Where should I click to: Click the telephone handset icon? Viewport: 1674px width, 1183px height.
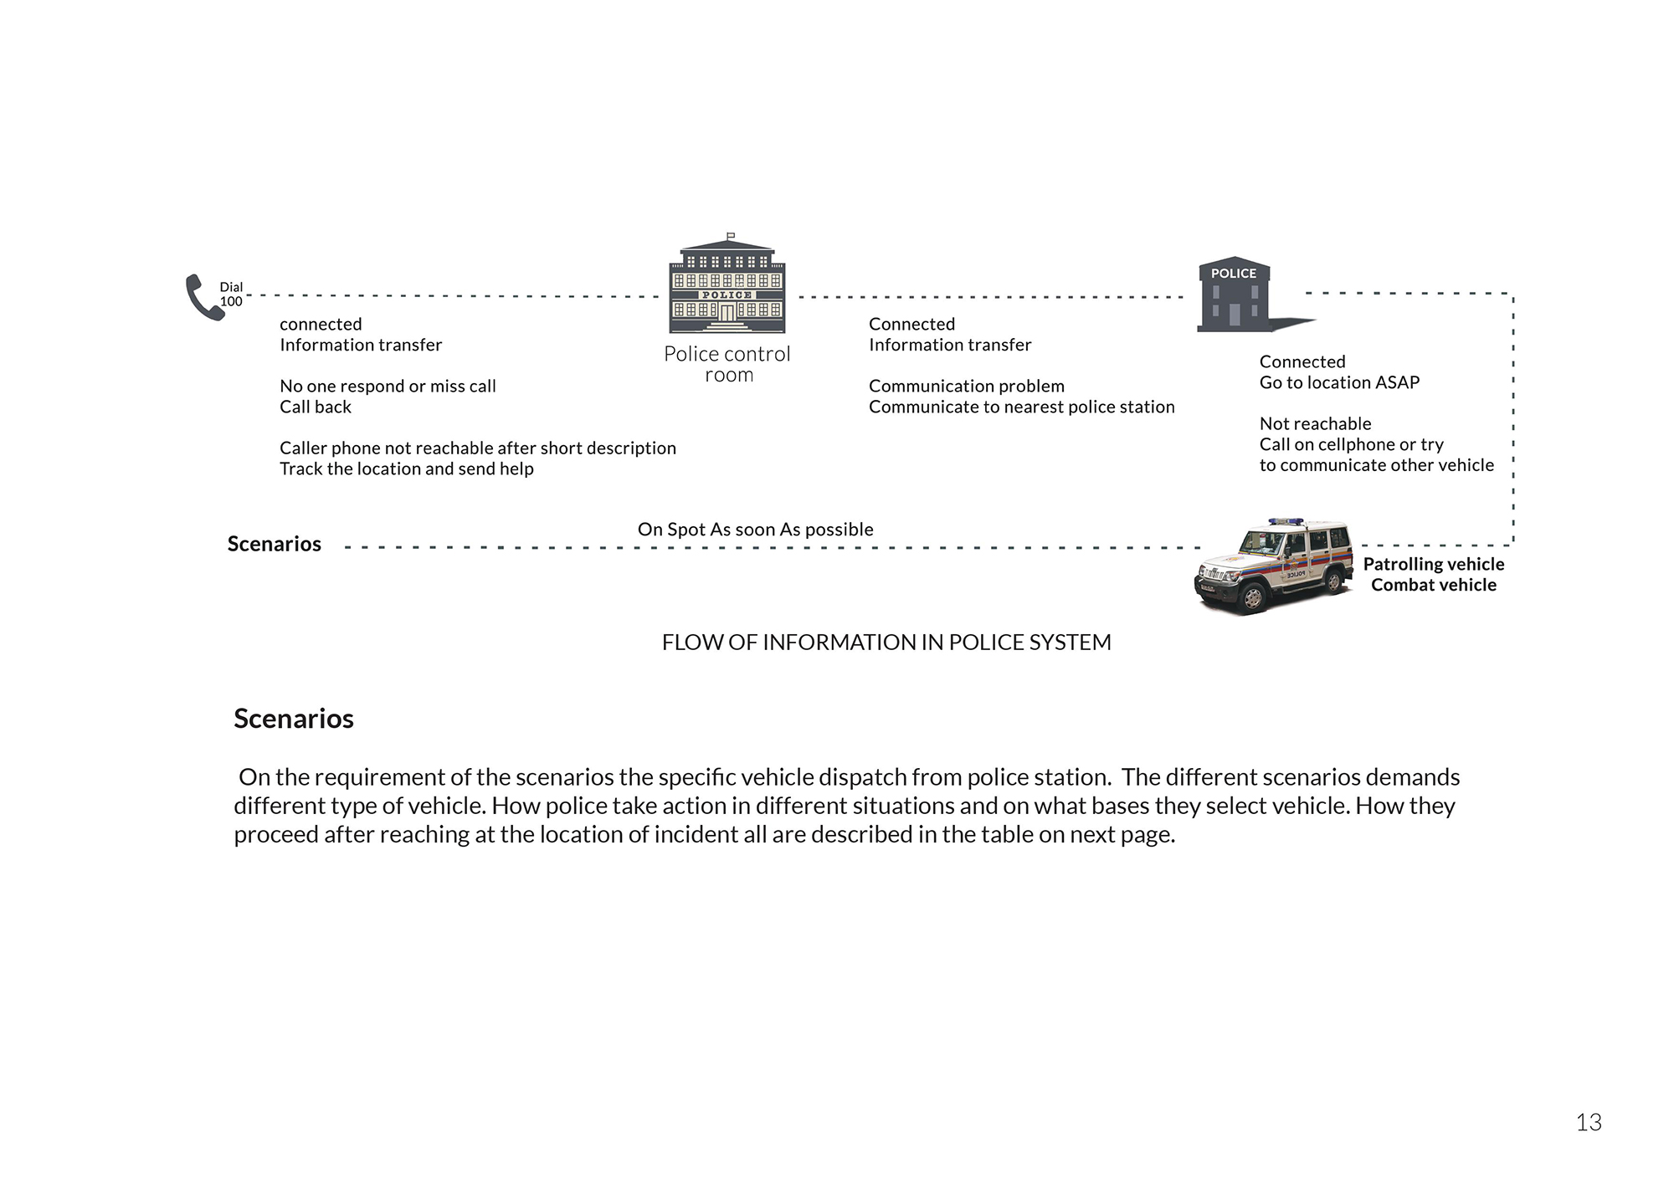pos(203,297)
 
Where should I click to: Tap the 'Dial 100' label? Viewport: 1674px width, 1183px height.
pos(231,294)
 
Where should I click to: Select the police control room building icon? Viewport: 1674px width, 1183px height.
pos(727,289)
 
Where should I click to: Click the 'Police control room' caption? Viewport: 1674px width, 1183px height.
pos(727,365)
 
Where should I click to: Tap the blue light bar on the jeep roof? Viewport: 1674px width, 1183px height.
pos(1286,521)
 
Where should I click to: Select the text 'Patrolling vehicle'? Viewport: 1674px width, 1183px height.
pos(1433,564)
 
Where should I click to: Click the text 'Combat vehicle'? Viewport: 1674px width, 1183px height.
pos(1433,585)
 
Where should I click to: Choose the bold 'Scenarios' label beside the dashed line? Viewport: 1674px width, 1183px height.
pos(275,544)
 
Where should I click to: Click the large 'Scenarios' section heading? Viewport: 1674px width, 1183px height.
pos(294,719)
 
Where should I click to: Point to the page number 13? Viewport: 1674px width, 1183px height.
pos(1588,1123)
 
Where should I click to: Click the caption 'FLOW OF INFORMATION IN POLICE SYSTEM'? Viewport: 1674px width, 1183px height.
pos(886,643)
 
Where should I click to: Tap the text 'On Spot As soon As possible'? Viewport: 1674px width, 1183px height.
pos(755,530)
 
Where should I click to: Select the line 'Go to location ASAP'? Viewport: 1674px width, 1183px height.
pos(1339,382)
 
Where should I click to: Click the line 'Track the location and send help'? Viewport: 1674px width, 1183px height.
pos(406,469)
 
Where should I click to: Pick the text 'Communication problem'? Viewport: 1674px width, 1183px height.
pos(966,386)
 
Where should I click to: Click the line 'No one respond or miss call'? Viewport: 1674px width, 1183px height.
pos(388,386)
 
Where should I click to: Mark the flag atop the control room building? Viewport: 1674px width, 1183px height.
pos(731,236)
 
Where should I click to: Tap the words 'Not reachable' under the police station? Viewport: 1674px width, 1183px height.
pos(1315,423)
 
